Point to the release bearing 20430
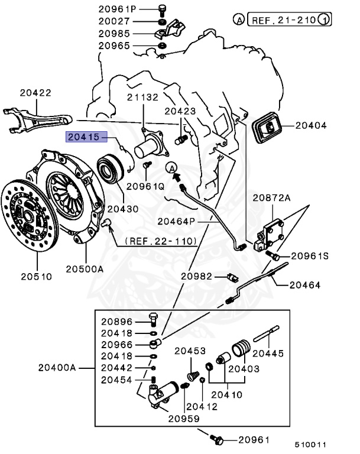point(111,167)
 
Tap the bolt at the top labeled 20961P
point(162,9)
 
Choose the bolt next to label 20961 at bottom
point(217,440)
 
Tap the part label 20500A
point(85,269)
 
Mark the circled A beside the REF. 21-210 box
point(239,20)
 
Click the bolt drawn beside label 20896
point(153,322)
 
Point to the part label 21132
point(142,98)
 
